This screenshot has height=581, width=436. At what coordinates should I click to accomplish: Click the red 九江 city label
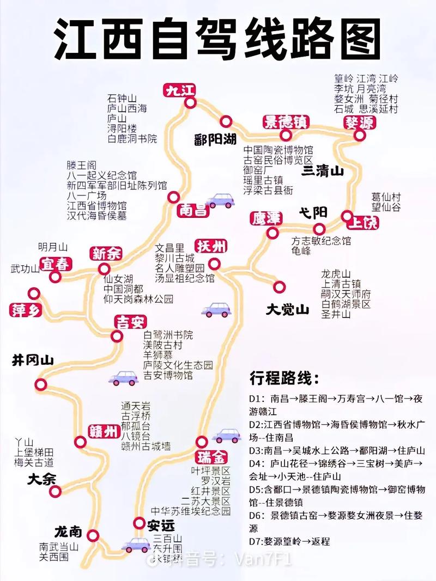click(x=180, y=90)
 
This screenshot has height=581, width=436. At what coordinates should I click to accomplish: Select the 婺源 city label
click(x=359, y=122)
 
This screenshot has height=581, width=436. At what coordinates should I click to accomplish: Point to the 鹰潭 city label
click(x=266, y=218)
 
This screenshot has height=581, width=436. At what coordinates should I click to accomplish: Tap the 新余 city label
click(x=106, y=253)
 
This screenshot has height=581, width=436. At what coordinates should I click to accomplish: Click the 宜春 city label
click(x=57, y=264)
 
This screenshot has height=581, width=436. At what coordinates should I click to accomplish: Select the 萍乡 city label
click(x=26, y=311)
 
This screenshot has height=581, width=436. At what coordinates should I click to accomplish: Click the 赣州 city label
click(x=103, y=432)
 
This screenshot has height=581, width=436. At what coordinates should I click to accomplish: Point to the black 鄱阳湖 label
click(x=215, y=139)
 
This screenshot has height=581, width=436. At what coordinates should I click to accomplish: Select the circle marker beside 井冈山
click(x=41, y=384)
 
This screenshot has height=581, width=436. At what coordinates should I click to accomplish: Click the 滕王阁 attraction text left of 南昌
click(x=81, y=164)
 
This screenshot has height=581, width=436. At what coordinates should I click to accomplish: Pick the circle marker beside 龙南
click(x=93, y=535)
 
